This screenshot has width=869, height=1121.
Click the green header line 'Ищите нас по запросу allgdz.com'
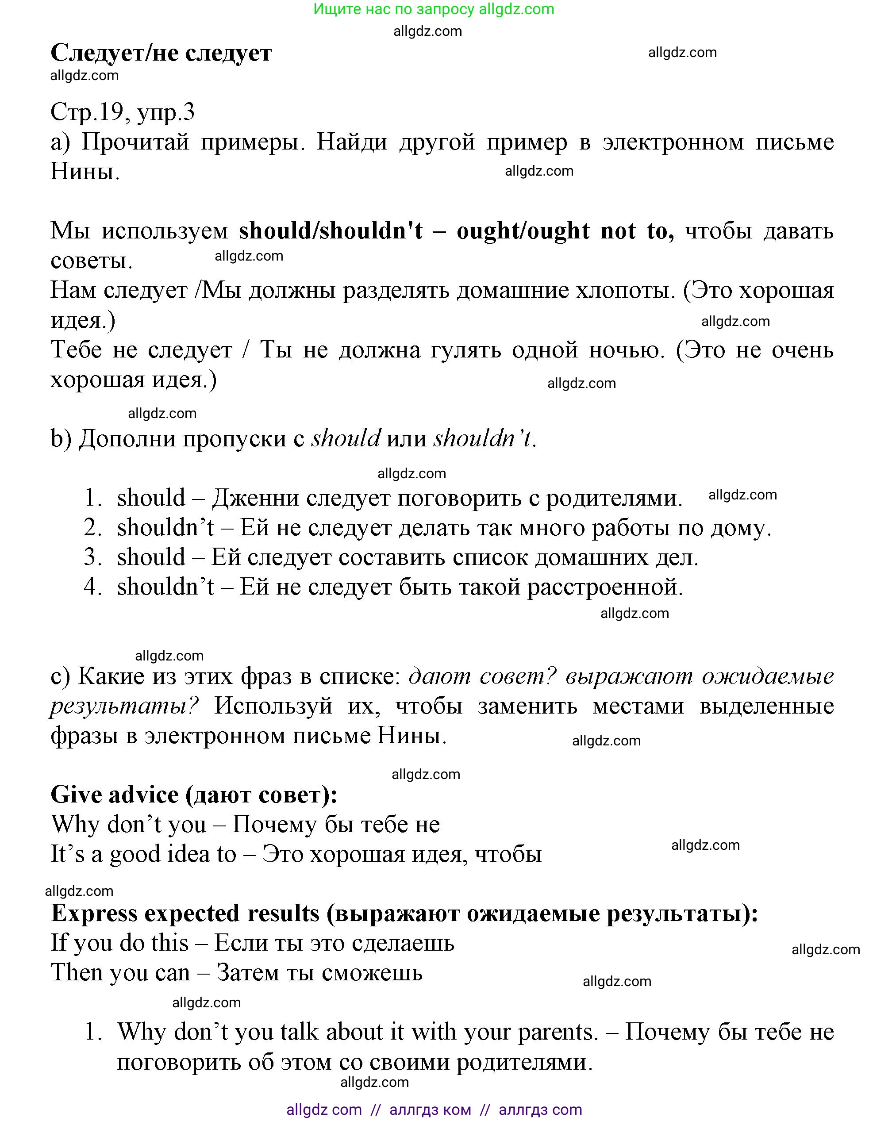click(434, 9)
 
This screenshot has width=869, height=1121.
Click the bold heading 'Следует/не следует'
click(161, 52)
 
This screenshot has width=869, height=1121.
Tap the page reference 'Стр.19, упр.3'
click(123, 112)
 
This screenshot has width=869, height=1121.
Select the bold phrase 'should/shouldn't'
click(331, 231)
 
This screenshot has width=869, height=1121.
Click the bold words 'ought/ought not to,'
click(565, 231)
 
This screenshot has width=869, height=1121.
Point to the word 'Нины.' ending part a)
click(85, 172)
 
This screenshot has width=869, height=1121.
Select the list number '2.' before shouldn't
click(93, 528)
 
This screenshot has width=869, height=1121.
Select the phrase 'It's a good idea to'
click(143, 855)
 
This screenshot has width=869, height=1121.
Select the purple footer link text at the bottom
click(434, 1109)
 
